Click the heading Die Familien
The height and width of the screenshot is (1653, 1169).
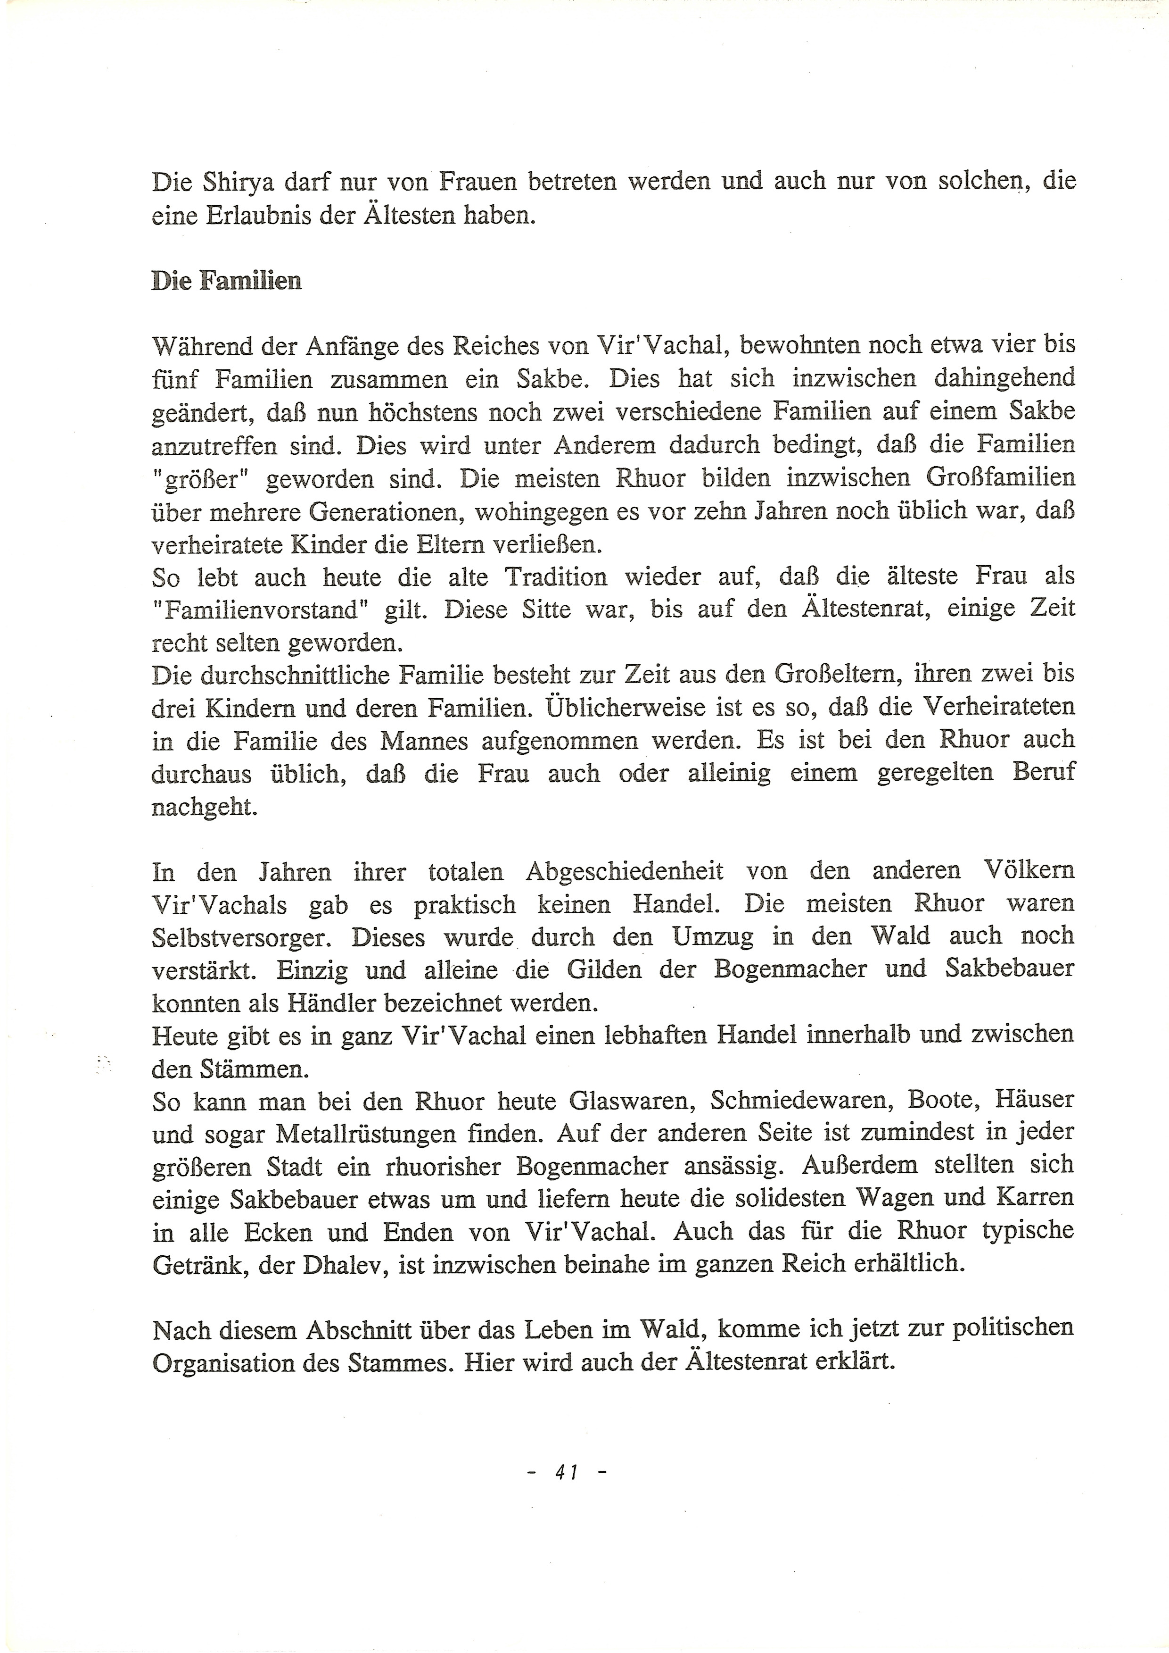click(x=226, y=281)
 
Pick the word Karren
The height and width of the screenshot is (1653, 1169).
click(x=1035, y=1198)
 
